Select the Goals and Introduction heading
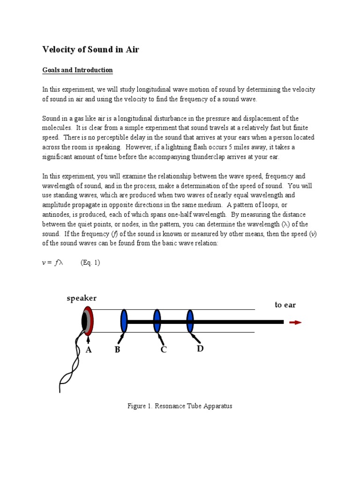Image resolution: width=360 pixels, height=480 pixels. click(x=77, y=70)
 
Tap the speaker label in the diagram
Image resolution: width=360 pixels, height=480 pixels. click(x=82, y=299)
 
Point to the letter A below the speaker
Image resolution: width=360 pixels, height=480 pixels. click(x=88, y=350)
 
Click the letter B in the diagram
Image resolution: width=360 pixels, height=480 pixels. click(x=118, y=350)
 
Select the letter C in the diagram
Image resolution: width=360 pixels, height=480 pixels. click(x=164, y=350)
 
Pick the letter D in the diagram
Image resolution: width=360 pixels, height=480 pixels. click(x=200, y=349)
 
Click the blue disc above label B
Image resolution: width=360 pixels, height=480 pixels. click(x=124, y=321)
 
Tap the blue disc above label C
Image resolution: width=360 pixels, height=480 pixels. click(x=157, y=321)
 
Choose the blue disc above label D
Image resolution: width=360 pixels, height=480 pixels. click(x=190, y=321)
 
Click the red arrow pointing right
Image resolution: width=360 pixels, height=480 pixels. click(x=296, y=322)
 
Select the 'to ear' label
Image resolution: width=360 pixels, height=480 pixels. click(x=285, y=305)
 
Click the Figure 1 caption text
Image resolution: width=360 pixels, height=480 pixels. click(x=180, y=406)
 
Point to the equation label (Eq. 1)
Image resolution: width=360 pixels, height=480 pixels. click(x=90, y=263)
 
